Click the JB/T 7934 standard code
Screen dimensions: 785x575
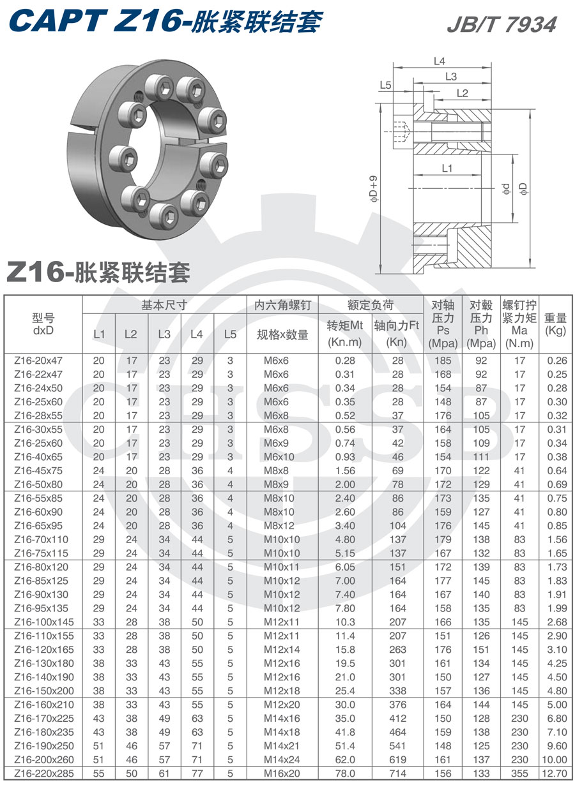click(502, 24)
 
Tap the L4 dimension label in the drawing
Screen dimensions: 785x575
click(439, 61)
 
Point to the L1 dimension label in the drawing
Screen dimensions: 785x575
click(447, 168)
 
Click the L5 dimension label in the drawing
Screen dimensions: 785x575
click(385, 85)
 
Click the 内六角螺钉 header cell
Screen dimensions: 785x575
click(282, 306)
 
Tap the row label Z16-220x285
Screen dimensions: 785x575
click(43, 774)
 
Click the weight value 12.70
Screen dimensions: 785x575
click(556, 774)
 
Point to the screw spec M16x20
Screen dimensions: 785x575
click(282, 774)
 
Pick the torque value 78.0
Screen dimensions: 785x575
click(345, 774)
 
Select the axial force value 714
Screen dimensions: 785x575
click(398, 774)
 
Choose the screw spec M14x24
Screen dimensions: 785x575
click(282, 759)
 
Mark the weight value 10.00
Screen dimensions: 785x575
click(556, 759)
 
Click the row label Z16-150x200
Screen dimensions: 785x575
click(43, 691)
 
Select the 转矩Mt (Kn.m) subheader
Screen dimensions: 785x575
click(345, 333)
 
